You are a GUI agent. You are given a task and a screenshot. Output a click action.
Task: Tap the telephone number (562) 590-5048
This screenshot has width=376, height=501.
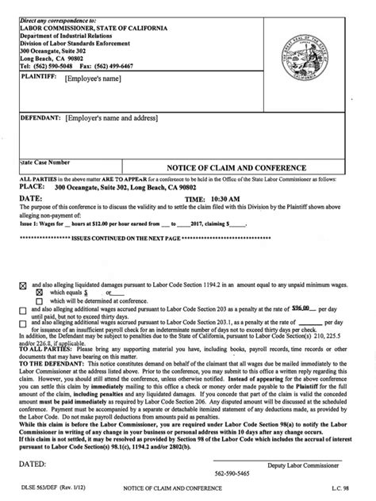52,67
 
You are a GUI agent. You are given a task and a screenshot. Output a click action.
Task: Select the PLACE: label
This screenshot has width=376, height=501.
33,188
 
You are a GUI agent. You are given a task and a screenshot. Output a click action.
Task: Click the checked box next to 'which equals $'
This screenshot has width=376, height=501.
38,291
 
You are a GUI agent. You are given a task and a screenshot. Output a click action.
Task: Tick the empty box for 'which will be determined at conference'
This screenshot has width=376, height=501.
38,300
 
